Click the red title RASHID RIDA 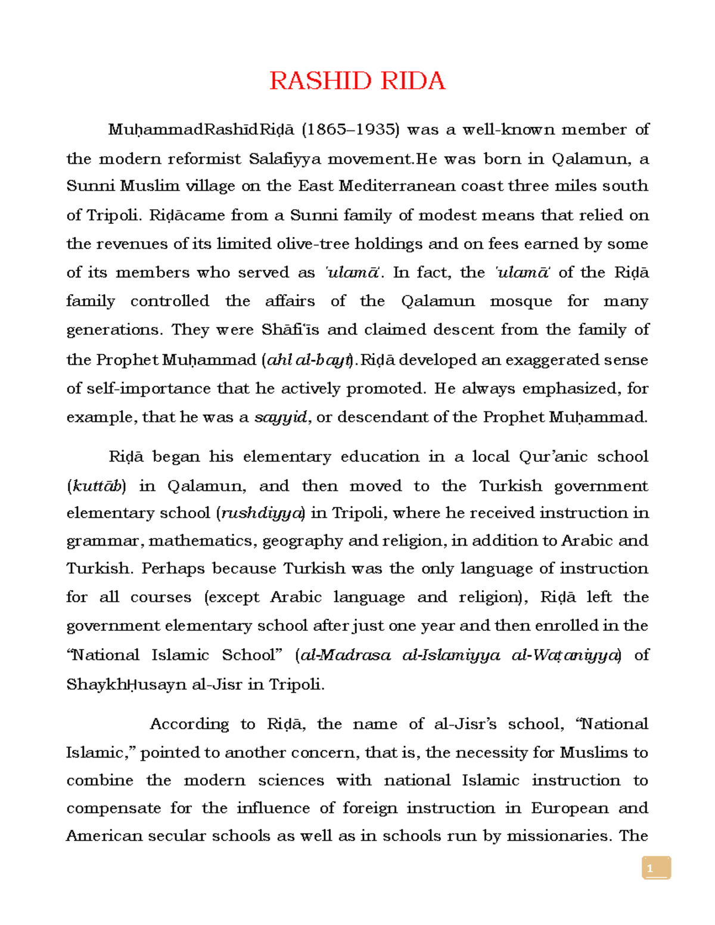point(357,80)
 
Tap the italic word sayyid point(280,417)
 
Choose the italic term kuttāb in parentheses point(96,486)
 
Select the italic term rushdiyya point(261,513)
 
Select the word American point(104,836)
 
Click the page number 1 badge point(656,868)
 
